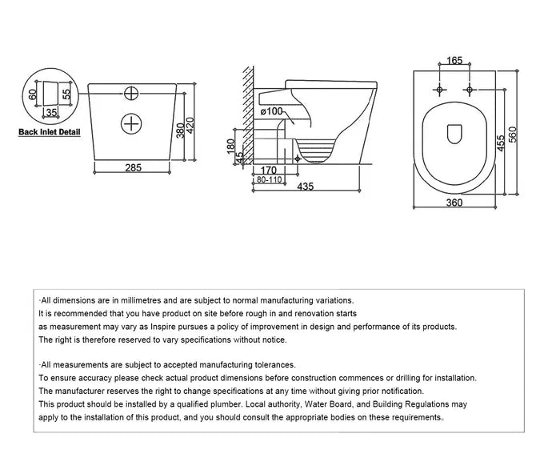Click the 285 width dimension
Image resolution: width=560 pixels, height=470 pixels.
(x=133, y=167)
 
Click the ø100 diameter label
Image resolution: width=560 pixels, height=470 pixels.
(x=272, y=110)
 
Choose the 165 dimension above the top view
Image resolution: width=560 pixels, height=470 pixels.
(x=454, y=59)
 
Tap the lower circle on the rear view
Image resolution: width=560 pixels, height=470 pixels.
(x=130, y=123)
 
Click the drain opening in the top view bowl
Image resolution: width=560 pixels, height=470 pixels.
(x=453, y=135)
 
